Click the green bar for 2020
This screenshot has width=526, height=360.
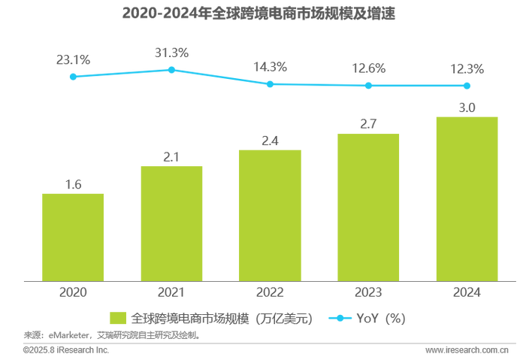72,236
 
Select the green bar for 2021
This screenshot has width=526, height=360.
171,222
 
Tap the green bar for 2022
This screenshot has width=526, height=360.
270,214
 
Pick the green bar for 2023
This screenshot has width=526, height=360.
368,207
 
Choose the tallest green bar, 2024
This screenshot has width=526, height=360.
467,198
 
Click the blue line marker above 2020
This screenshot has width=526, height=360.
72,76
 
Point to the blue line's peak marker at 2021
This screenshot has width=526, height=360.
171,69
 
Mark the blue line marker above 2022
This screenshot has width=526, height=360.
270,84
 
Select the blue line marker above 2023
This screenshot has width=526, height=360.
368,86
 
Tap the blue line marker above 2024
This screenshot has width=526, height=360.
467,86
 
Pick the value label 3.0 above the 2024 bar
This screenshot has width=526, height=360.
467,107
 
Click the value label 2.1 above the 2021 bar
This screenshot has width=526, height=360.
171,156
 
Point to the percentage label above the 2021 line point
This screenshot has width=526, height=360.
171,53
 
